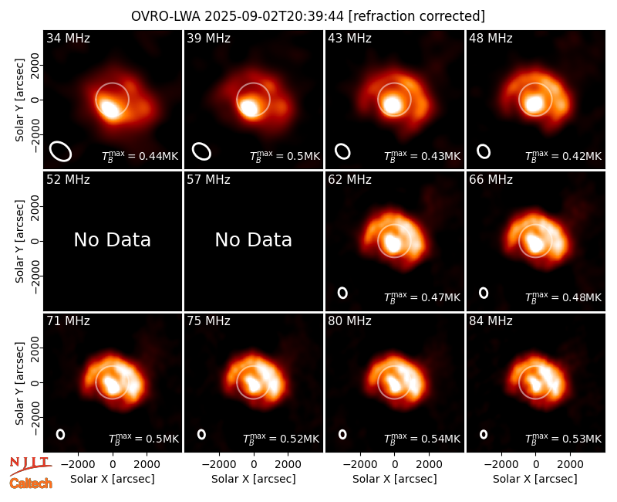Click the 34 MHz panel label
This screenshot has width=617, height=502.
(68, 38)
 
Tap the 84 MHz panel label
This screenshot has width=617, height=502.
(491, 321)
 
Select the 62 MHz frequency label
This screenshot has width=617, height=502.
(349, 180)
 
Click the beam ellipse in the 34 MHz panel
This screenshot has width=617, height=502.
(60, 151)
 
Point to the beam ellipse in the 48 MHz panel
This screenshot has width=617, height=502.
(484, 151)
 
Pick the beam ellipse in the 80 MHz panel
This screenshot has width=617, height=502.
(342, 434)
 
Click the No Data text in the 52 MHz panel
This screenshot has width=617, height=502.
(112, 240)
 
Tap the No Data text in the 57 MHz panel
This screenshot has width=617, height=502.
(254, 240)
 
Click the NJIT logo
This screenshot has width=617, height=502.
(30, 465)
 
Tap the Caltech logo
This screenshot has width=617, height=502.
(31, 483)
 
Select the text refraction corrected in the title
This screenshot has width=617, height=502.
(416, 16)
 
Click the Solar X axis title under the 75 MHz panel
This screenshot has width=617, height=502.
(254, 479)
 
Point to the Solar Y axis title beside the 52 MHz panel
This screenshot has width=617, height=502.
(19, 241)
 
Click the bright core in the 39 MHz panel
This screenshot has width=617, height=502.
(248, 107)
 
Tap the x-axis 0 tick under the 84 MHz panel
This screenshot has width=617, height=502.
(535, 464)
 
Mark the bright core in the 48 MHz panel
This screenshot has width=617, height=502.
(534, 103)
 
